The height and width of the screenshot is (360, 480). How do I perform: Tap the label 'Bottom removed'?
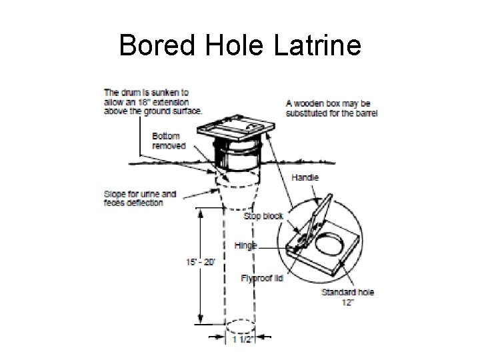[x=167, y=141]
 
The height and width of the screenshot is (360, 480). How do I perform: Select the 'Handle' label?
[x=305, y=177]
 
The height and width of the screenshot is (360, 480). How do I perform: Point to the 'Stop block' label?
[x=263, y=216]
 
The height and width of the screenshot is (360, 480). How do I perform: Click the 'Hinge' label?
[x=245, y=245]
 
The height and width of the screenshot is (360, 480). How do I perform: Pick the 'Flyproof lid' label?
[x=261, y=278]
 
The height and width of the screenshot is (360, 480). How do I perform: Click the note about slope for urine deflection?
[x=140, y=199]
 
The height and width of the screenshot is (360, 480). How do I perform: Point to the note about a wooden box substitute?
[x=331, y=108]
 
